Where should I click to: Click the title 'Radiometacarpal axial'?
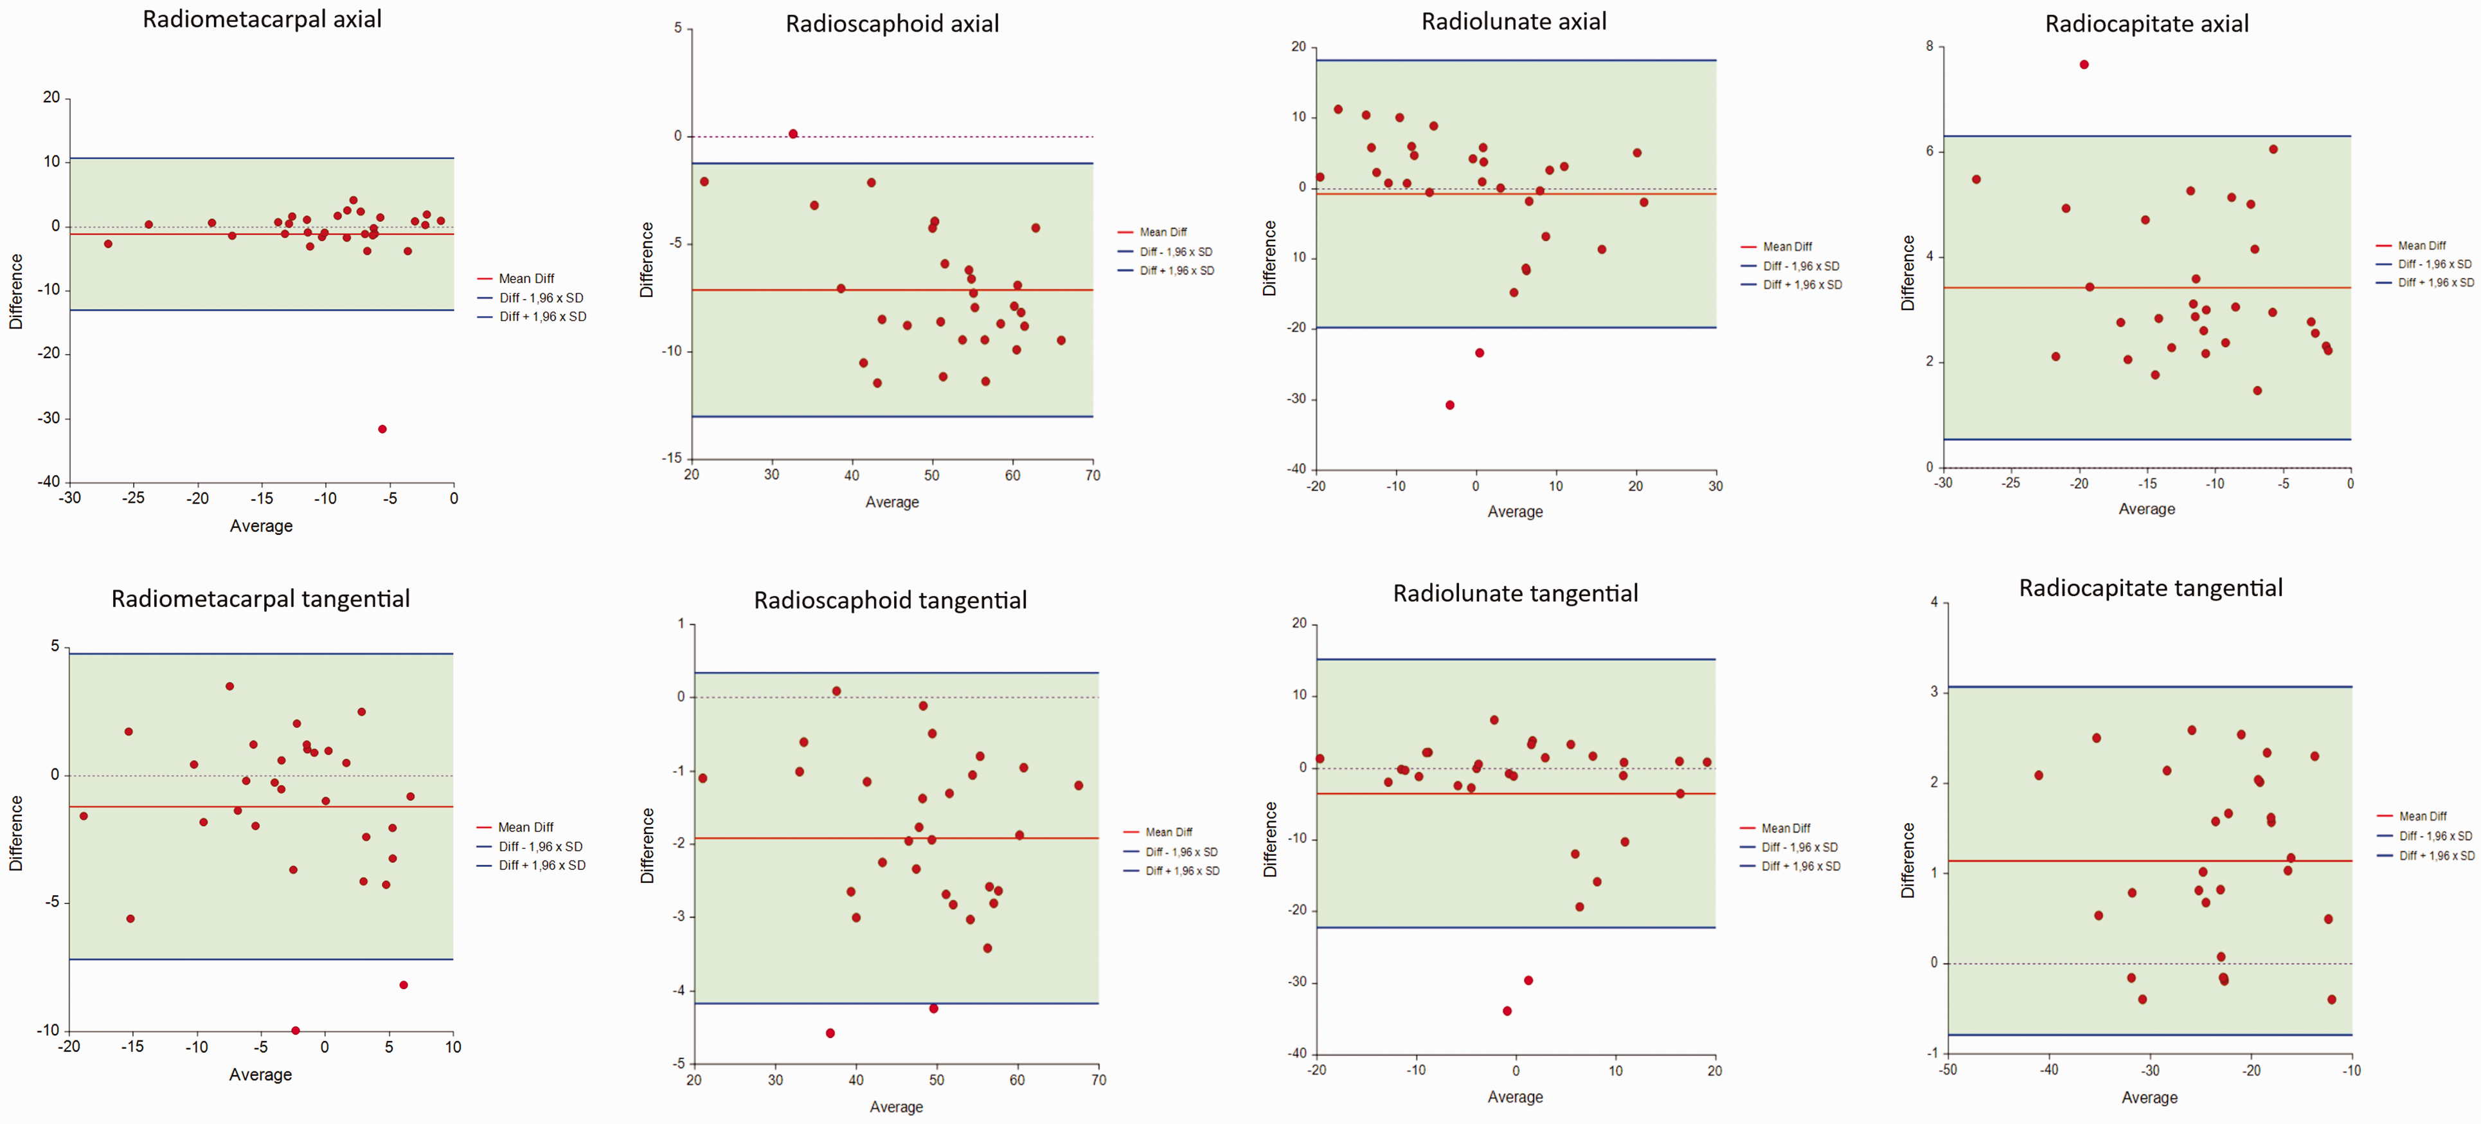coord(262,19)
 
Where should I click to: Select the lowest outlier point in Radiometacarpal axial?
coord(382,430)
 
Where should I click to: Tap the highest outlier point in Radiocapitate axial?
coord(2084,64)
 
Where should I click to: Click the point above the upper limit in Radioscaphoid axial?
coord(793,134)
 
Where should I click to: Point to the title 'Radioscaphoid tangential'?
coord(890,600)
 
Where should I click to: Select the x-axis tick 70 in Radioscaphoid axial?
coord(1092,475)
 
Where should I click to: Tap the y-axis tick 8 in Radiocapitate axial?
coord(1929,46)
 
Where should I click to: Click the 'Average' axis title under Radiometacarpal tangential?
coord(260,1075)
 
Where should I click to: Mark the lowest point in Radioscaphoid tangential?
coord(830,1033)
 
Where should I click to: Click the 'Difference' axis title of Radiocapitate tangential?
coord(1908,860)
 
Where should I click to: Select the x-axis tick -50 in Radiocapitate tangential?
coord(1948,1070)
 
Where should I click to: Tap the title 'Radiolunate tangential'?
coord(1515,594)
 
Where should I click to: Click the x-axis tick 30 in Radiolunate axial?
coord(1715,486)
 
